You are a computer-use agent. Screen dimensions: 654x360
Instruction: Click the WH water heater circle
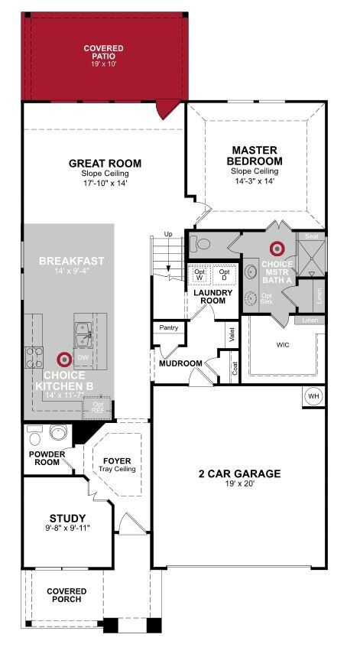(313, 396)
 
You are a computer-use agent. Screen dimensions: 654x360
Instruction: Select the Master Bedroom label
(255, 156)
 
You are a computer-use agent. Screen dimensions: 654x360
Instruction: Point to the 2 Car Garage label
(240, 474)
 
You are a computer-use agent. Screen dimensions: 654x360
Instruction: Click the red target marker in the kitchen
(64, 359)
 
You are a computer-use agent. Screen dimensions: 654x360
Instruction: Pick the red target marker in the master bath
(277, 249)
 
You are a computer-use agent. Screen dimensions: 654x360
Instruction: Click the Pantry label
(168, 327)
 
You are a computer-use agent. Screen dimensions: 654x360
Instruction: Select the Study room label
(67, 518)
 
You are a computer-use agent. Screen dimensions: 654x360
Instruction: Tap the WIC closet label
(284, 344)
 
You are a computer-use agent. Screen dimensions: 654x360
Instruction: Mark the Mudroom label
(180, 363)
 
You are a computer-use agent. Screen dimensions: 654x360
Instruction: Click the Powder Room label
(48, 458)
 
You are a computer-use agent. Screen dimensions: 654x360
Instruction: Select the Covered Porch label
(66, 596)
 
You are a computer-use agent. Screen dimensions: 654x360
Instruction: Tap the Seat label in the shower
(310, 236)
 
